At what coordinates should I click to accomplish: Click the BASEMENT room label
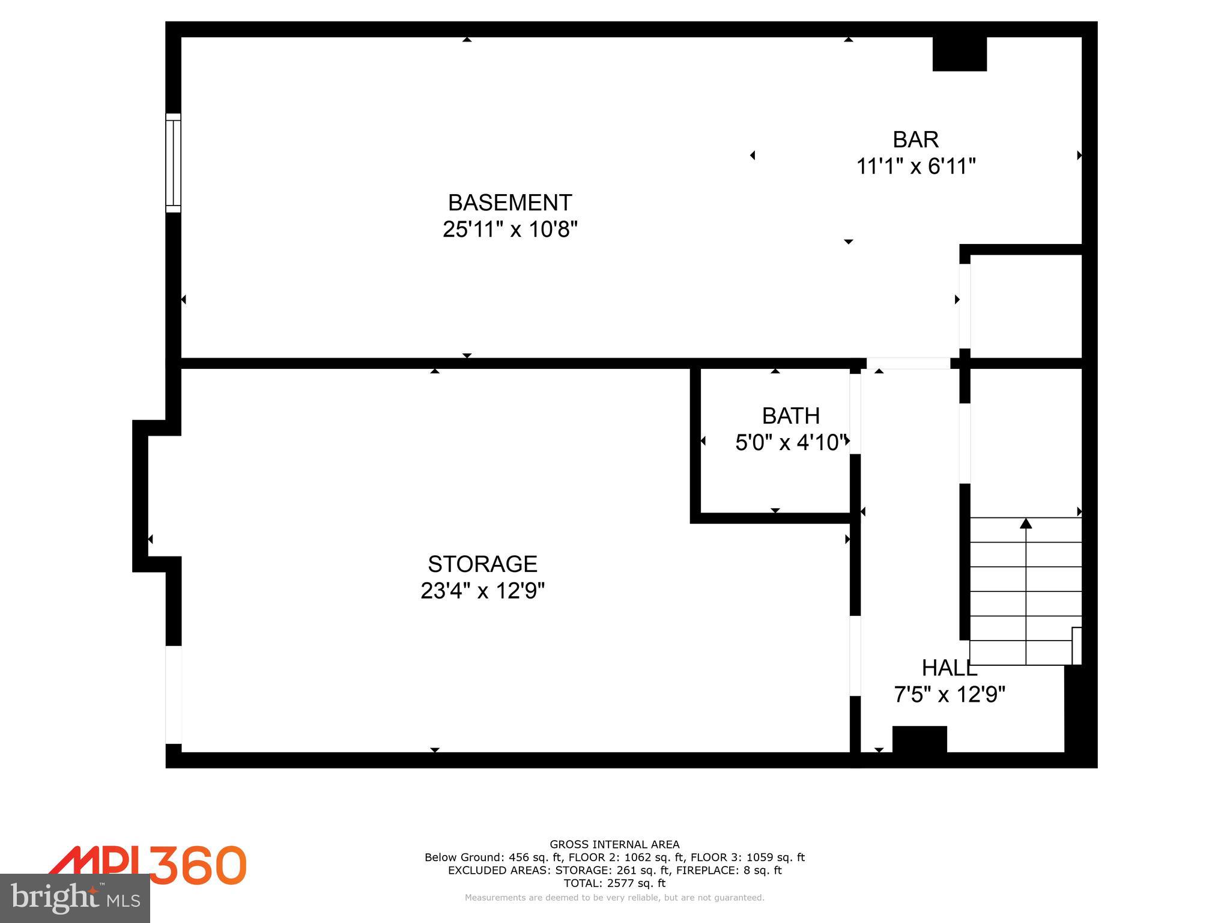point(510,203)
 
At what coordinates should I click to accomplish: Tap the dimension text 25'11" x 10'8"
point(510,230)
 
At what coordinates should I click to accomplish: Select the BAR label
point(915,139)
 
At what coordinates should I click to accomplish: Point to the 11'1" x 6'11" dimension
point(915,166)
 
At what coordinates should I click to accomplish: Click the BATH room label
point(790,416)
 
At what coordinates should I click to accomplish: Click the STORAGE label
point(482,564)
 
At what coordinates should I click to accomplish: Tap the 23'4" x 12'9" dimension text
point(482,591)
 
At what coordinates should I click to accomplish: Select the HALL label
point(949,668)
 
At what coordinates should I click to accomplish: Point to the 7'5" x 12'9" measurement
point(949,695)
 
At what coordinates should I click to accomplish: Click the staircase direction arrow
point(1026,524)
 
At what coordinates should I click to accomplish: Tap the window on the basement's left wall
point(173,163)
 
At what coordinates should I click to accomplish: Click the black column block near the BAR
point(959,54)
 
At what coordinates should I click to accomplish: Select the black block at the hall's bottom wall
point(919,739)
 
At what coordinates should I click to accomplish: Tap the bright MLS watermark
point(75,898)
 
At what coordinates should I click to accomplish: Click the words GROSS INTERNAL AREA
point(614,844)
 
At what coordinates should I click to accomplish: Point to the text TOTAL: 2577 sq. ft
point(614,883)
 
